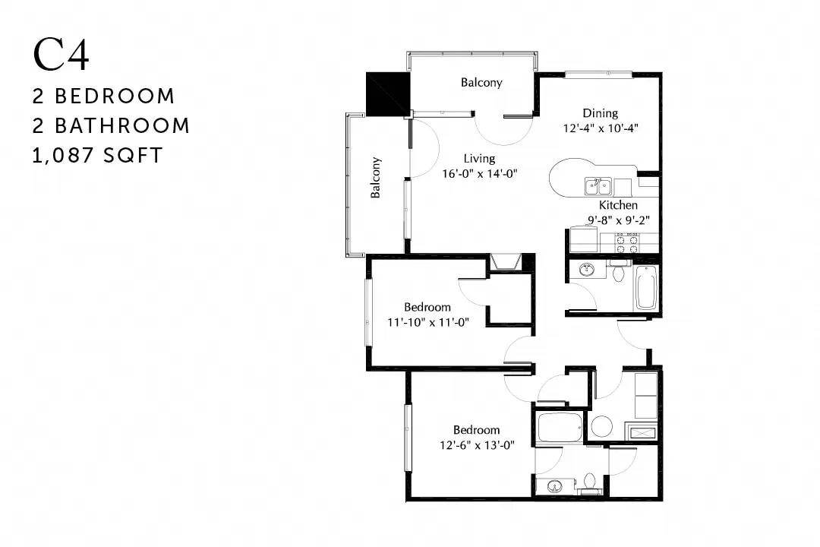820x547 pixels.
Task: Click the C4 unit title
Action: pos(61,55)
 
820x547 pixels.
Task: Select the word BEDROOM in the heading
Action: pos(115,96)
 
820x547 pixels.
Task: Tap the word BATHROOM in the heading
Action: pos(121,126)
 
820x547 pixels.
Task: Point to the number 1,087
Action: pos(62,156)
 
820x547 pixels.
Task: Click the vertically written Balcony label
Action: pos(375,178)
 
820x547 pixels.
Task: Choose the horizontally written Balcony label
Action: pos(481,82)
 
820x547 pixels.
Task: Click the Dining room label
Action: pos(601,113)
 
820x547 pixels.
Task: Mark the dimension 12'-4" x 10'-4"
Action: pos(601,128)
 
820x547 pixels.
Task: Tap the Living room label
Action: pos(480,159)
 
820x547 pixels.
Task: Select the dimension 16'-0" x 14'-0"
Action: pos(480,174)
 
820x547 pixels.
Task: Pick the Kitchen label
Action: pos(618,204)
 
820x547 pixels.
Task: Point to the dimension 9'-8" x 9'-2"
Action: pos(619,220)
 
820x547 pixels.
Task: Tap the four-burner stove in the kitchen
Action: pos(627,242)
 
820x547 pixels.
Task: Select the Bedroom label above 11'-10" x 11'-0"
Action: pos(427,307)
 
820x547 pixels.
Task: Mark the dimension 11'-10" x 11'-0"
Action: pos(428,322)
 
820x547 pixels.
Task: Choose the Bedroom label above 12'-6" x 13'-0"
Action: pos(476,430)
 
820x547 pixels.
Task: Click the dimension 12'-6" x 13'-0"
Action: pos(478,445)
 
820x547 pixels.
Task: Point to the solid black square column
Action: pos(387,94)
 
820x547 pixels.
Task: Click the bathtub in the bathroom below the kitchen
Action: pos(646,287)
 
